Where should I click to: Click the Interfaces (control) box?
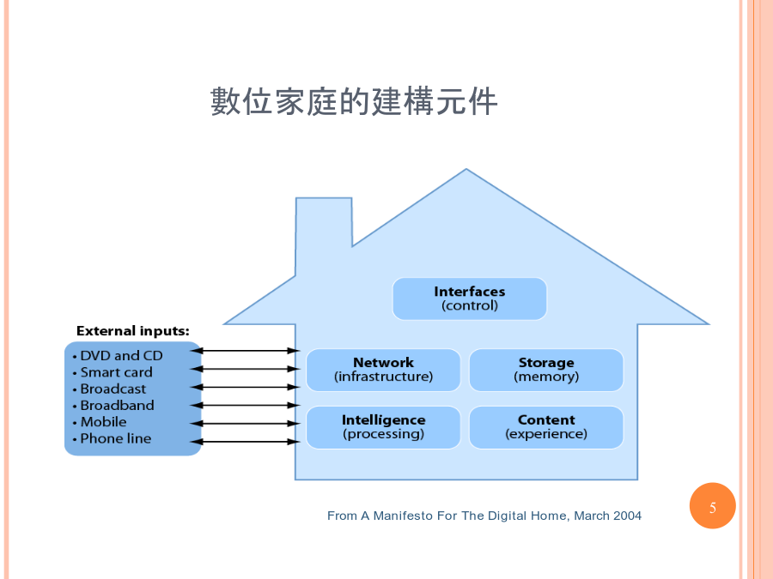(x=469, y=299)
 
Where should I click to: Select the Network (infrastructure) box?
(x=383, y=370)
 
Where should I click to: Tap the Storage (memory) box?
(x=546, y=370)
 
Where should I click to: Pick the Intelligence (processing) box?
(x=383, y=427)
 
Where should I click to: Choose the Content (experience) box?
(x=546, y=427)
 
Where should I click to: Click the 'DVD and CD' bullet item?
(x=118, y=355)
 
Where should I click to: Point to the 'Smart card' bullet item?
(x=113, y=372)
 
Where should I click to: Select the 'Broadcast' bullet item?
(x=109, y=389)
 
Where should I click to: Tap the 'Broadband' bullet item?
(x=113, y=405)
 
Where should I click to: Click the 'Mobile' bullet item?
(x=99, y=422)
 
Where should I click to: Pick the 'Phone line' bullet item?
(x=112, y=438)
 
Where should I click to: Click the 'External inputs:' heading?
(x=132, y=331)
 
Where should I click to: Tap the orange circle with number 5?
(x=712, y=505)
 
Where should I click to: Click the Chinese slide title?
(x=354, y=101)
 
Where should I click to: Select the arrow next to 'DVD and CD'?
(x=245, y=351)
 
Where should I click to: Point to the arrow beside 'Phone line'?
(x=245, y=442)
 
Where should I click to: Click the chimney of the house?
(x=324, y=232)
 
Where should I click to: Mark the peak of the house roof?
(x=466, y=169)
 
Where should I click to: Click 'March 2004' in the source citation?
(x=607, y=516)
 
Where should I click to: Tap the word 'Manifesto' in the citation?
(x=402, y=516)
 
